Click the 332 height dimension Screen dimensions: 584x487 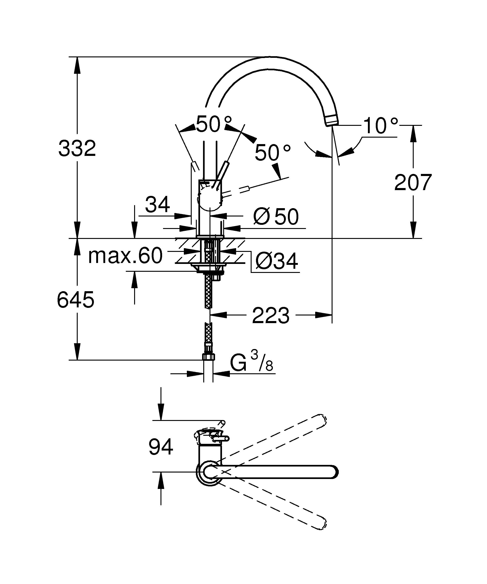[x=77, y=149]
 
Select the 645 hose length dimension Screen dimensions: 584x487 [x=76, y=300]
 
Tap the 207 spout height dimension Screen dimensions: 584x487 [x=413, y=183]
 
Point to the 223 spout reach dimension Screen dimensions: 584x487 [x=271, y=316]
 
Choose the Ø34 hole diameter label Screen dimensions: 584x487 [x=276, y=261]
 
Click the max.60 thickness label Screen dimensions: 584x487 [x=125, y=256]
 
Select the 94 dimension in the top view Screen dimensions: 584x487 [x=161, y=447]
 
